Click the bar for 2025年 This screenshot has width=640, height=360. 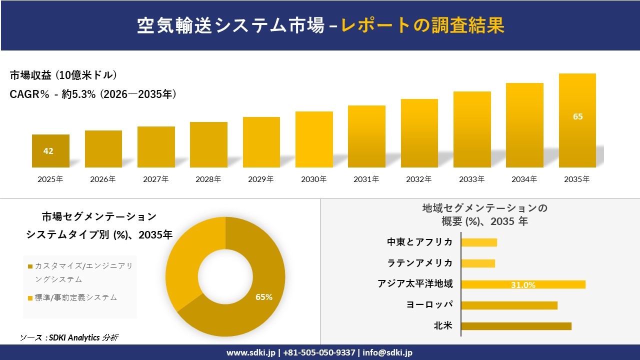[50, 151]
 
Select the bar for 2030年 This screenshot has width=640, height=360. [314, 139]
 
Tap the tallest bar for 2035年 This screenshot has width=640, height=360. [577, 120]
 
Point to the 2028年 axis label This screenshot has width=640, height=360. [208, 179]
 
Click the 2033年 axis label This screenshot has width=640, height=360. [472, 179]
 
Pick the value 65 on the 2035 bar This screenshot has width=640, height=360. [577, 116]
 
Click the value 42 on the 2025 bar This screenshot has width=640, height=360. [48, 151]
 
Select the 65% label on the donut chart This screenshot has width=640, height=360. [264, 297]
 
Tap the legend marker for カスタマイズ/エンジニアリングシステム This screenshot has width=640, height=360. [30, 266]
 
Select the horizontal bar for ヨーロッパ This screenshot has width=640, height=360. [509, 305]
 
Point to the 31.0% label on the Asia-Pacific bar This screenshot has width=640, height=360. [523, 285]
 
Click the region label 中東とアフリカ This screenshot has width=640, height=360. [420, 242]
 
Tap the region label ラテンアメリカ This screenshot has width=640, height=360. [420, 263]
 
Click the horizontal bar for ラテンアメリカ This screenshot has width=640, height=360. [478, 263]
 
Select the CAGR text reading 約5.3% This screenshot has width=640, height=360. [79, 94]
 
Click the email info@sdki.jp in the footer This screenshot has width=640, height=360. [387, 352]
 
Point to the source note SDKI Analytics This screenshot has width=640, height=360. [70, 337]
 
